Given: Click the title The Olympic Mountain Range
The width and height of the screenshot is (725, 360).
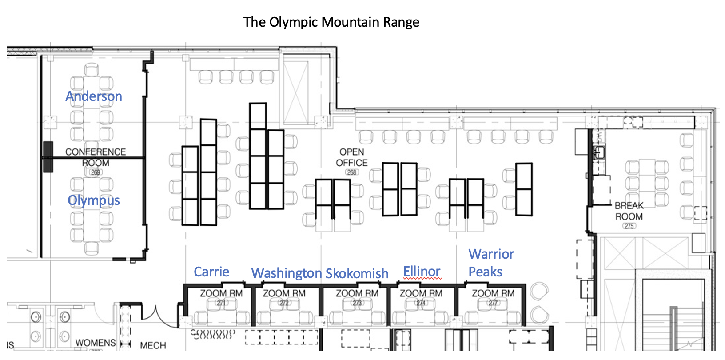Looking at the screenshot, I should (331, 22).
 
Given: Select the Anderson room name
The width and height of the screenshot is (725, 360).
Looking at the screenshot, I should (94, 96).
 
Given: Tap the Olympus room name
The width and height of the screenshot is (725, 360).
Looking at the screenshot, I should (94, 200).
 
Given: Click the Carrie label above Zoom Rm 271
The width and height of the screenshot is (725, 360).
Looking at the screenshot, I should (211, 272).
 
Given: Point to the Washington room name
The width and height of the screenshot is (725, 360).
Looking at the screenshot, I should (286, 273).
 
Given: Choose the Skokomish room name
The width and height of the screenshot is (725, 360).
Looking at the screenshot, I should (357, 273).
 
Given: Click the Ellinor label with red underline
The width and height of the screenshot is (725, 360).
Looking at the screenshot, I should (422, 272).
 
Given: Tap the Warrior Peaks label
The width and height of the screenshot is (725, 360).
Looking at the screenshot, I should (491, 263).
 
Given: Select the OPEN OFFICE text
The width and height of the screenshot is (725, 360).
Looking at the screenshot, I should (352, 158).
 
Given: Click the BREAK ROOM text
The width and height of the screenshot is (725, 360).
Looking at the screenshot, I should (629, 211).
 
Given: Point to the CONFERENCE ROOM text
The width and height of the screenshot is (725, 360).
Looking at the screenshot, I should (96, 157).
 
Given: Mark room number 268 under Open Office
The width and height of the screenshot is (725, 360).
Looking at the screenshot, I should (352, 172).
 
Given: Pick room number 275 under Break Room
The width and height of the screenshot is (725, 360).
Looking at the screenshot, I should (629, 226).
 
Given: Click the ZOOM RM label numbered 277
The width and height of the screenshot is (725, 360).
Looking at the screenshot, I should (493, 294).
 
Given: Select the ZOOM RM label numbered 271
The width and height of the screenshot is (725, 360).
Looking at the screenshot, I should (221, 294).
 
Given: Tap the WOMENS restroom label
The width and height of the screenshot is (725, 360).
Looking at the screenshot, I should (96, 343).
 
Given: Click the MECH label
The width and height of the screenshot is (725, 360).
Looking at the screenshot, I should (153, 346).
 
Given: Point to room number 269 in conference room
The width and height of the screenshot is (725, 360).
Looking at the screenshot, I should (96, 172).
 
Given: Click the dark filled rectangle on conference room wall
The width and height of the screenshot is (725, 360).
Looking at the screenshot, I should (48, 157).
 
